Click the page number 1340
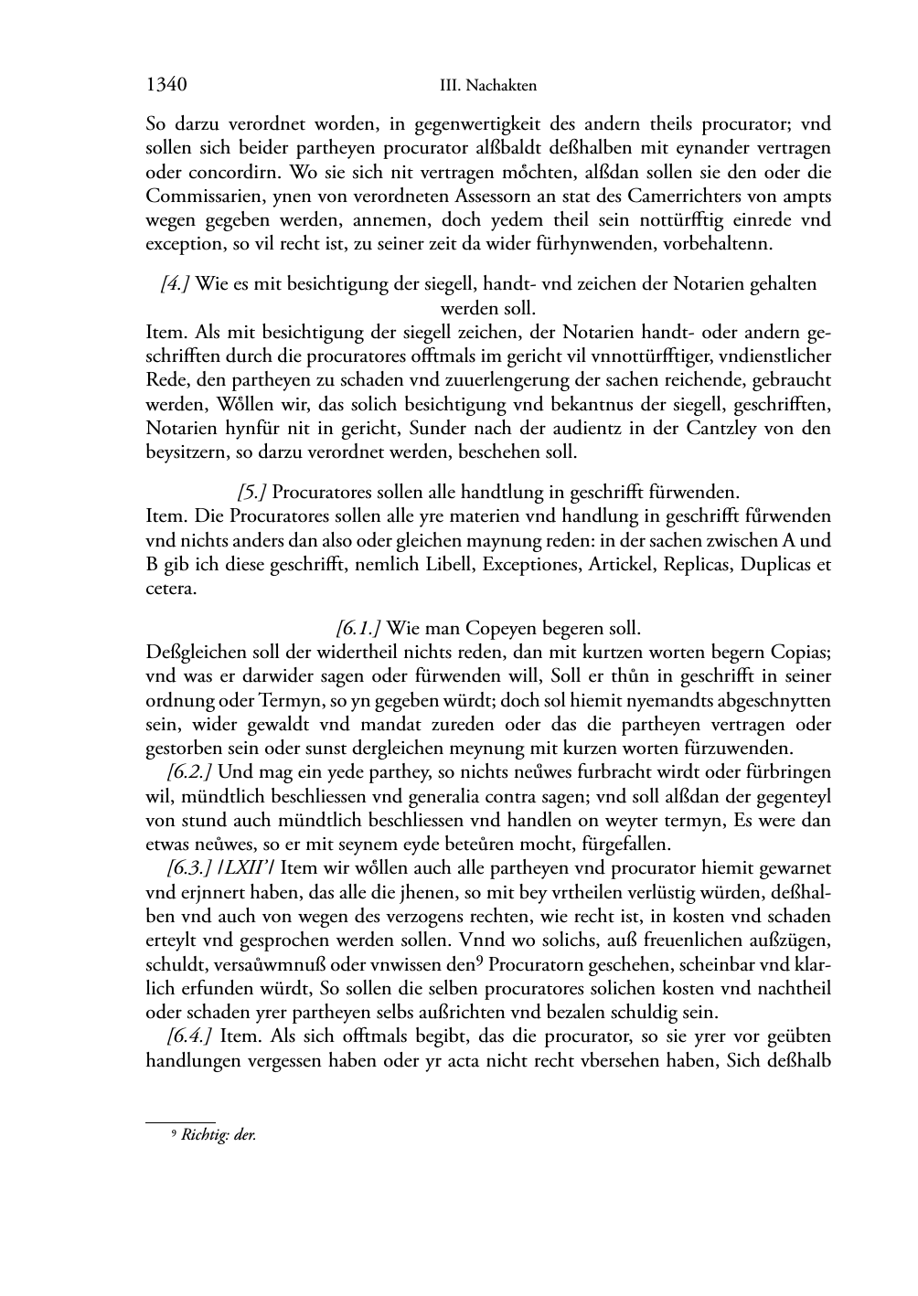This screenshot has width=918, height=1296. click(x=166, y=85)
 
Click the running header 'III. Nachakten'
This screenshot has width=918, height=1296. click(x=487, y=86)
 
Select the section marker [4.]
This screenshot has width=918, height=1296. click(x=175, y=284)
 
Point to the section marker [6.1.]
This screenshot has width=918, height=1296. click(x=358, y=629)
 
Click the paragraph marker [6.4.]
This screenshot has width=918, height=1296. click(x=189, y=1036)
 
